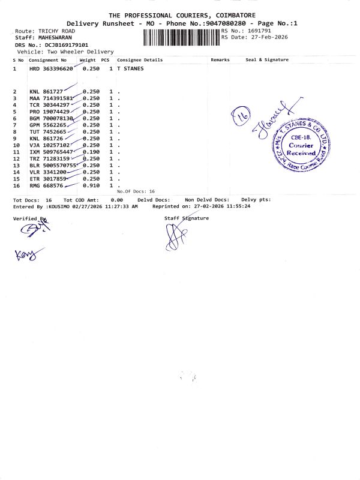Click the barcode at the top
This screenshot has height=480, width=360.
[181, 38]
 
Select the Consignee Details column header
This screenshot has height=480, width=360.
[140, 60]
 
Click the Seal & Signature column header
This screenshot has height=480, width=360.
[267, 60]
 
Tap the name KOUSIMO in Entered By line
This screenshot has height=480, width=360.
[58, 206]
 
